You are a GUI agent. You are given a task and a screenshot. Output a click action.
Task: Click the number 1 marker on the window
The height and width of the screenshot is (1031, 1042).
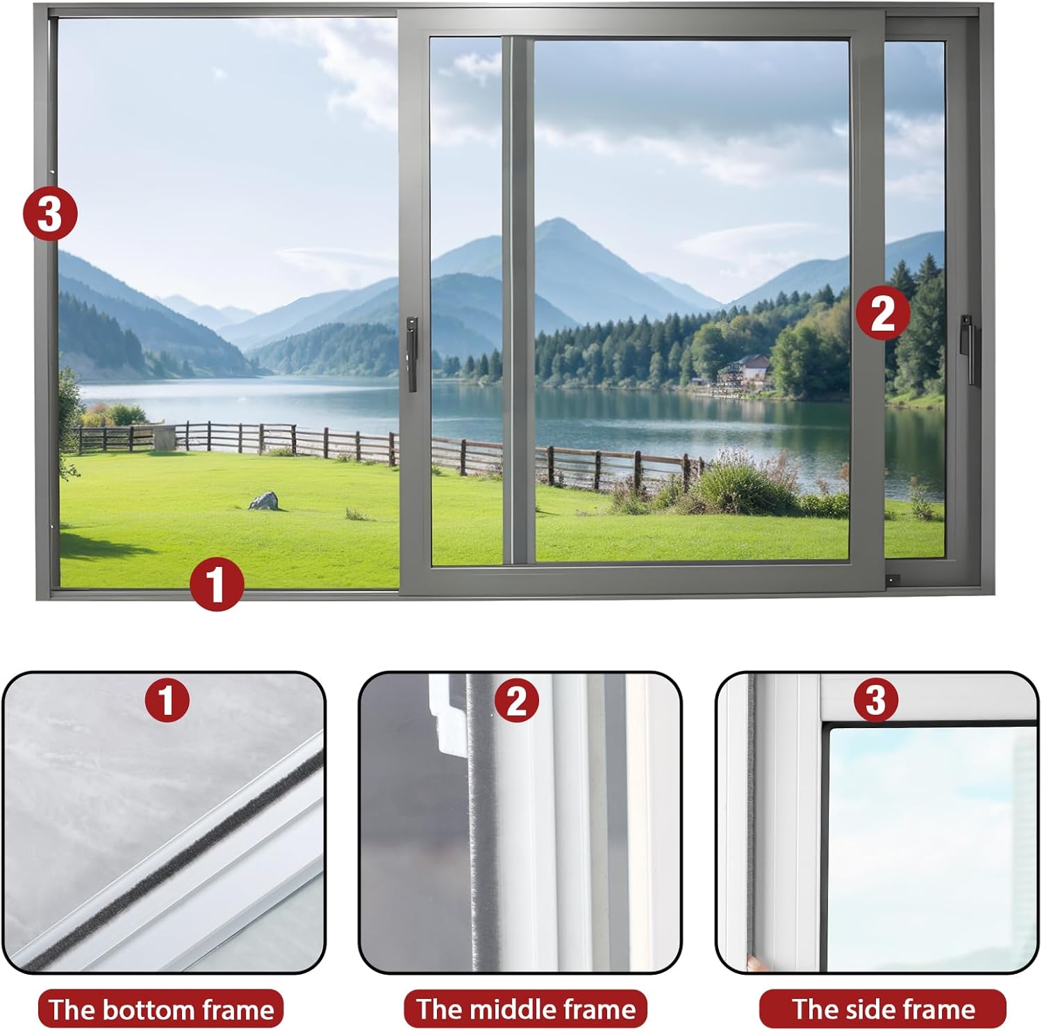[x=217, y=584]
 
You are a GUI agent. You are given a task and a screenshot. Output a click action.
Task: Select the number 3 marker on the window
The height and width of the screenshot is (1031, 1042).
[x=50, y=213]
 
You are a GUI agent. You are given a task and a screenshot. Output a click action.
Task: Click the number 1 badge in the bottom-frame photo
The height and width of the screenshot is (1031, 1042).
[x=167, y=700]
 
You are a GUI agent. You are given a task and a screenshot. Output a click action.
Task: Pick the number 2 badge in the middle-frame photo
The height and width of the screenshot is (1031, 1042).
[x=517, y=700]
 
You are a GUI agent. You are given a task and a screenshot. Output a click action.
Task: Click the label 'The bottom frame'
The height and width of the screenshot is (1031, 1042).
[x=161, y=1009]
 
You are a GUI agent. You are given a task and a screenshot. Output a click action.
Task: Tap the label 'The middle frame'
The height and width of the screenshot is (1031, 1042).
[x=526, y=1009]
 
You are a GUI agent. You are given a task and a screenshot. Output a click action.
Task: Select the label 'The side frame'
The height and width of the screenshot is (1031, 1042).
[x=883, y=1008]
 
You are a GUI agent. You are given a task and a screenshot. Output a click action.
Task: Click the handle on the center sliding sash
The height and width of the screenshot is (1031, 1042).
[x=412, y=354]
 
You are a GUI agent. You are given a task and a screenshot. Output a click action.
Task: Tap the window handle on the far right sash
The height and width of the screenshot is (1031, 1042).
[x=967, y=349]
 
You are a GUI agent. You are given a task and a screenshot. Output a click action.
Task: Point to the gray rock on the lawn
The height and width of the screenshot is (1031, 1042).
[x=263, y=500]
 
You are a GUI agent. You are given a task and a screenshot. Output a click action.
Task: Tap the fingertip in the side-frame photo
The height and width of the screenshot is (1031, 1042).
[x=752, y=963]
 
